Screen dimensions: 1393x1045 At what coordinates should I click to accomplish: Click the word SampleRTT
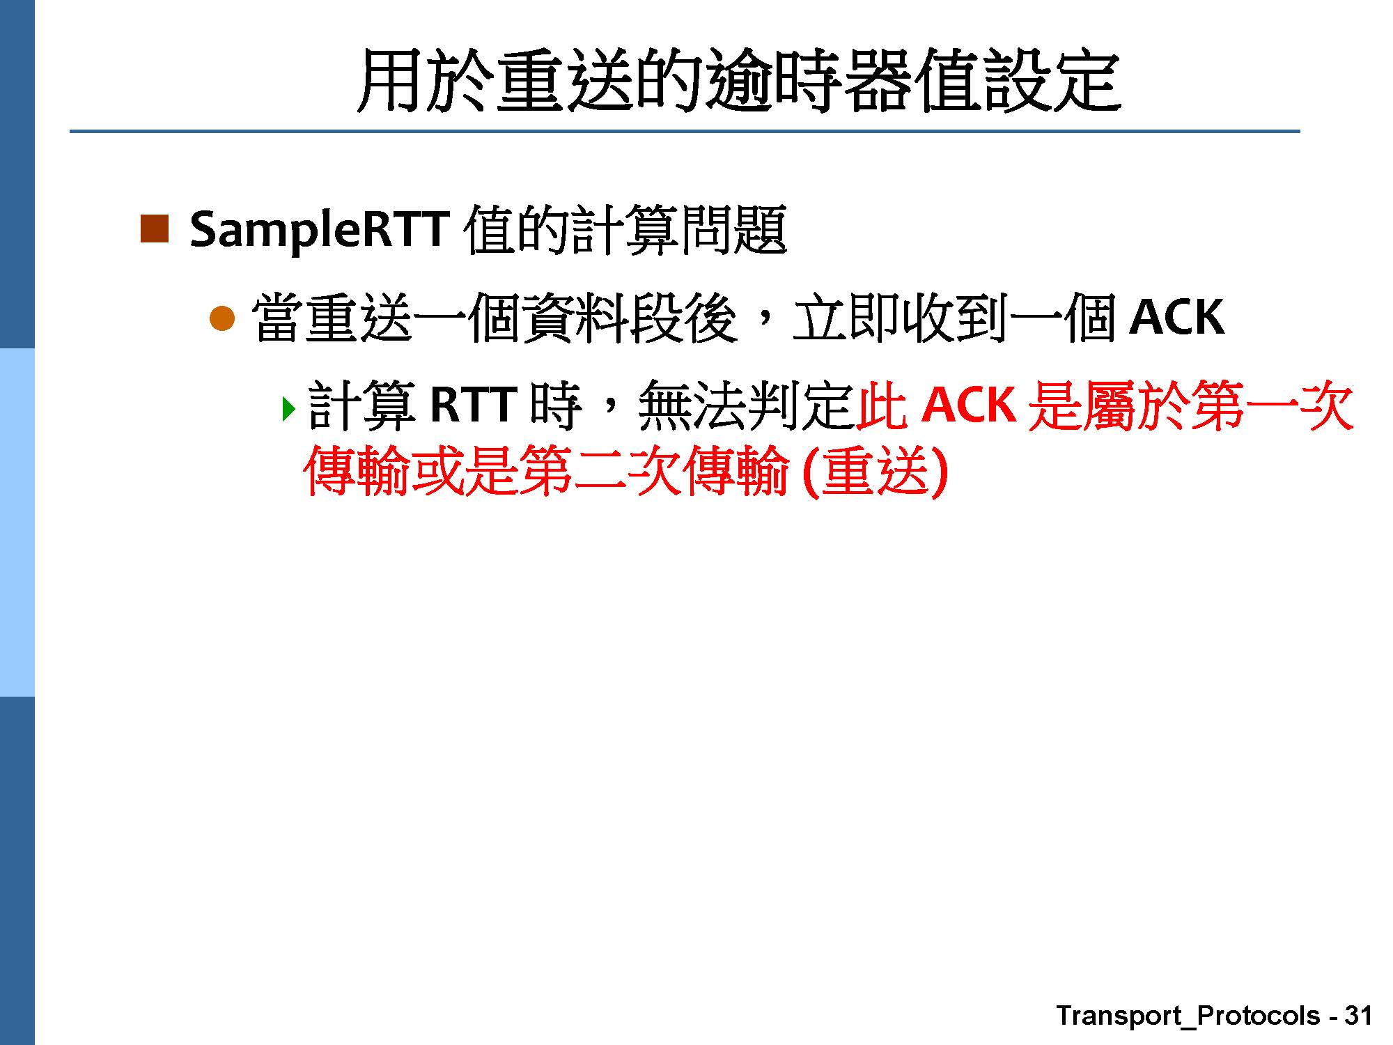pos(318,230)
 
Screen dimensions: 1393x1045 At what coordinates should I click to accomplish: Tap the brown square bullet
pos(155,229)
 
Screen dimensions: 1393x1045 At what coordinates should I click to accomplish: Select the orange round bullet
pos(223,319)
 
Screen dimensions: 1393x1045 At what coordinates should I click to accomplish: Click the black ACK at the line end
pos(1176,318)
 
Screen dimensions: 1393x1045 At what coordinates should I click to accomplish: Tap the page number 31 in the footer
pos(1358,1015)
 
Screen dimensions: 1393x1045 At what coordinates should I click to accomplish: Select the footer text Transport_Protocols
pos(1188,1016)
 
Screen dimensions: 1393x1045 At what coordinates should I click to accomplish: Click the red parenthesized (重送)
pos(876,471)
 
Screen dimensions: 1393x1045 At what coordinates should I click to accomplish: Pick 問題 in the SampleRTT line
pos(733,230)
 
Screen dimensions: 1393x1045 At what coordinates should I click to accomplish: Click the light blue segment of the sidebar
pos(17,522)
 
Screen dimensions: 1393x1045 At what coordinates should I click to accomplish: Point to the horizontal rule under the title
pos(685,131)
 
